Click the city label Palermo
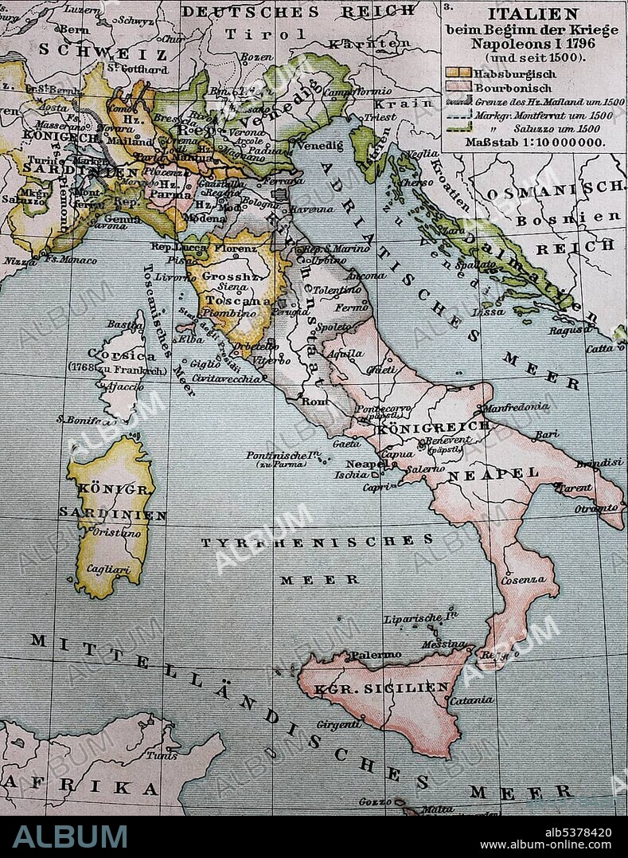[x=376, y=655]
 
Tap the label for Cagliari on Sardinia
[x=103, y=570]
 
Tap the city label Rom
[x=315, y=402]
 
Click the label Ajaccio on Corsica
[x=126, y=386]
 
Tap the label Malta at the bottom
[x=436, y=809]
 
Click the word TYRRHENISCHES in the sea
[x=317, y=542]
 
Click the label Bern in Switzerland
[x=73, y=29]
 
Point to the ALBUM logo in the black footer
[x=70, y=836]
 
